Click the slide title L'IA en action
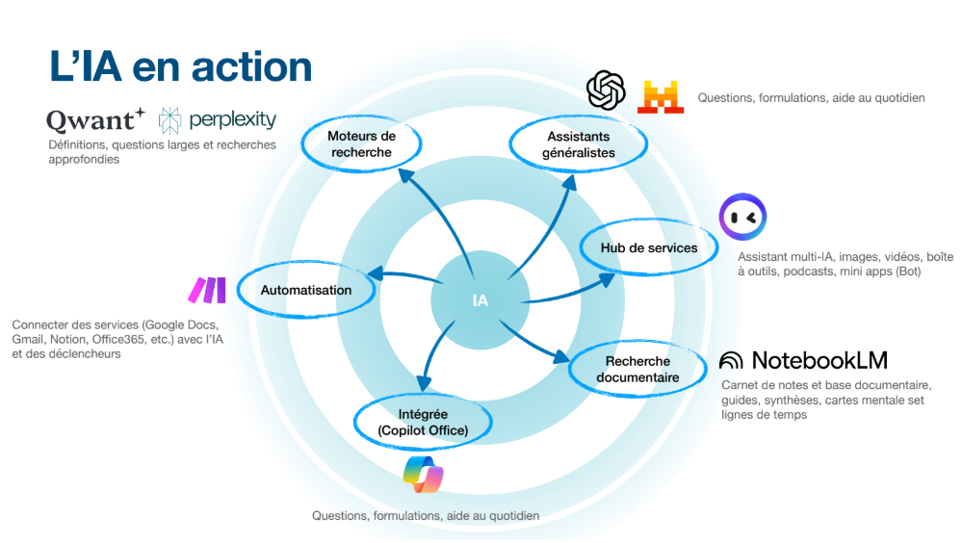click(x=181, y=66)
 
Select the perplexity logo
click(x=218, y=119)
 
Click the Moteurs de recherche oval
click(x=361, y=144)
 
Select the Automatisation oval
click(x=305, y=290)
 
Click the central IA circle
click(x=480, y=299)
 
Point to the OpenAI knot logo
click(x=607, y=90)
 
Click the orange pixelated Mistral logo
click(x=660, y=96)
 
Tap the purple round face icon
click(x=742, y=218)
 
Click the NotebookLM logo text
click(x=804, y=360)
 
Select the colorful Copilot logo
click(x=424, y=474)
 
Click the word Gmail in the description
click(x=27, y=340)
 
